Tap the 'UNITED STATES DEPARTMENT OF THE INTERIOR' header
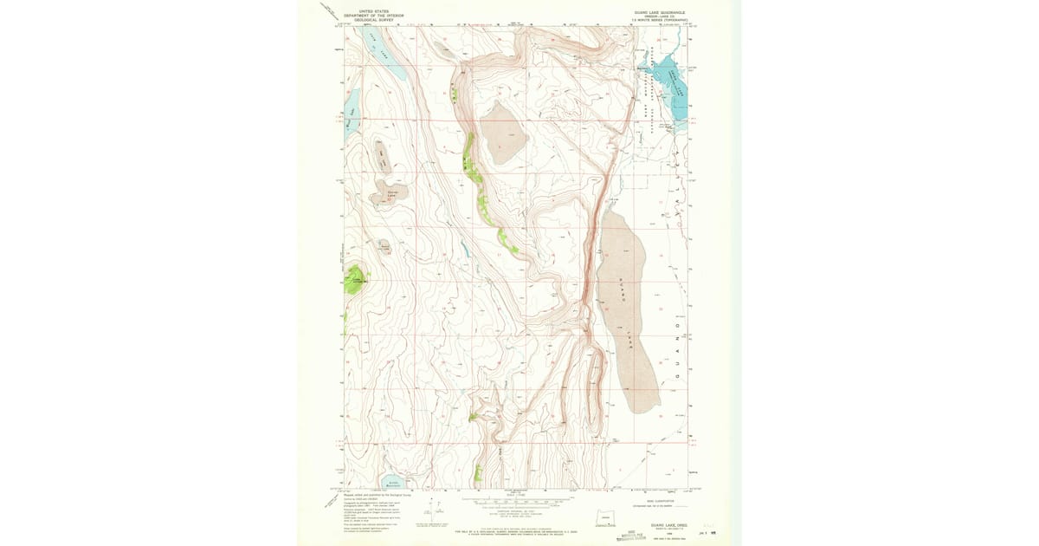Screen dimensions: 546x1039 [x=373, y=15]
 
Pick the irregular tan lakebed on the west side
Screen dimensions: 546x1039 [x=389, y=195]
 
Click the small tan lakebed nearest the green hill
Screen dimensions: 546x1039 [x=384, y=247]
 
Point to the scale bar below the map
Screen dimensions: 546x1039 [x=518, y=501]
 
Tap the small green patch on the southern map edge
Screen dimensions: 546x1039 [x=477, y=473]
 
